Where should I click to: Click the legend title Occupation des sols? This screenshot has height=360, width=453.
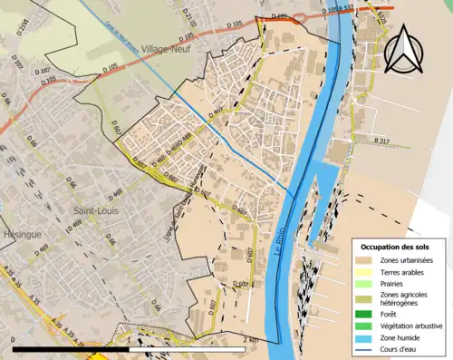point(398,247)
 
